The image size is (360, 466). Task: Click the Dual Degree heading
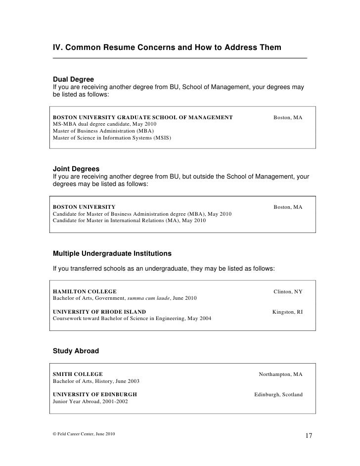click(73, 79)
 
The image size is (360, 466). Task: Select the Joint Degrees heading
click(76, 169)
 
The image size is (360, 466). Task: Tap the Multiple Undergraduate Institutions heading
click(112, 253)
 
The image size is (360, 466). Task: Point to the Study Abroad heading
click(76, 351)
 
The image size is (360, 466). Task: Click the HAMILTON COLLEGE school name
click(85, 292)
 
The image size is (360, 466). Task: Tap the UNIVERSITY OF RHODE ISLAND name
click(99, 312)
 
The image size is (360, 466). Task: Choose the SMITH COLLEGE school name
click(78, 374)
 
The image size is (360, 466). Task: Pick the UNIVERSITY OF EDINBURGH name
click(95, 394)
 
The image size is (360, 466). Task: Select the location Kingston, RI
click(287, 312)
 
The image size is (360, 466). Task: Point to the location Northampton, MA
click(280, 374)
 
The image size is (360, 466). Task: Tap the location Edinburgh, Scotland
click(278, 394)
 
